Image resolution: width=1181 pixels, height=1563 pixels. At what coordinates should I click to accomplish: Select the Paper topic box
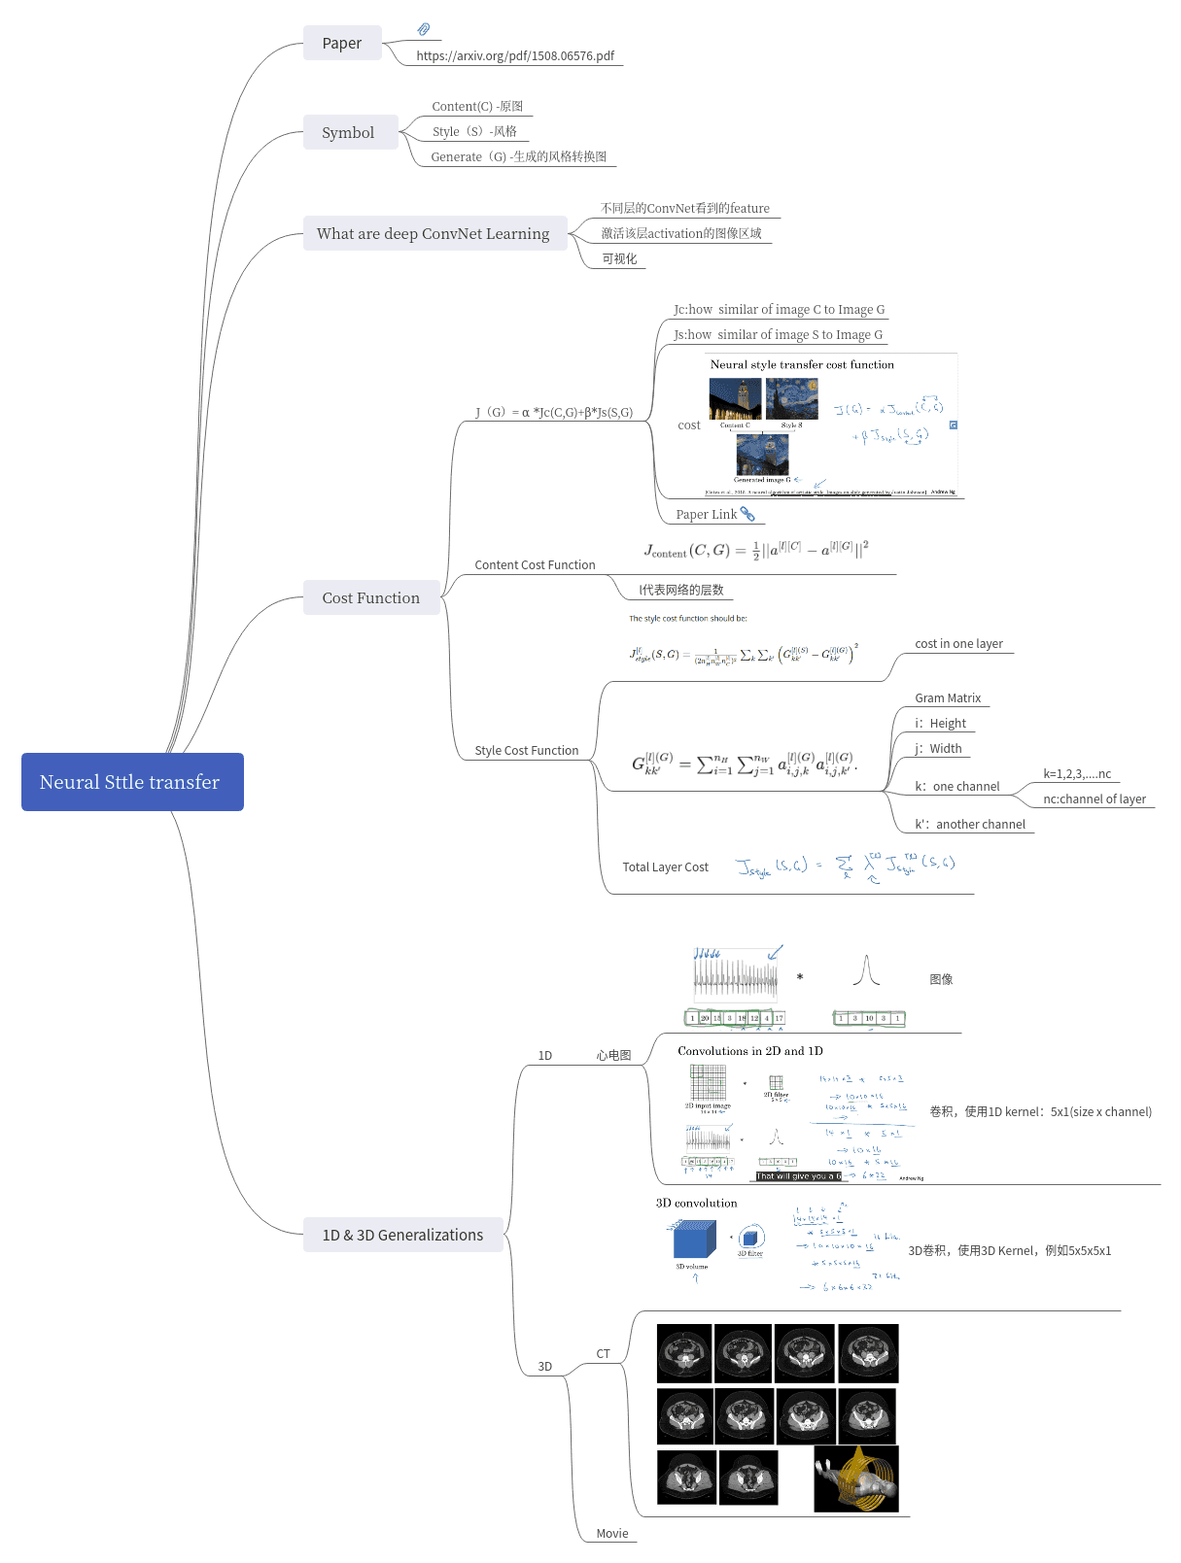click(342, 44)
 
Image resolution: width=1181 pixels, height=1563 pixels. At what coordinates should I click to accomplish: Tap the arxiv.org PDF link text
click(515, 56)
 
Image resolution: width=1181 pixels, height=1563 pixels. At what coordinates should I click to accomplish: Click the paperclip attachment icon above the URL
click(424, 29)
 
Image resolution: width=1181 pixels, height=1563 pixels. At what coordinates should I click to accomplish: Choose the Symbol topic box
click(349, 133)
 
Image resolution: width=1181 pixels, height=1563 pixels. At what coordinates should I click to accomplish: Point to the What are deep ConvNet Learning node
click(434, 234)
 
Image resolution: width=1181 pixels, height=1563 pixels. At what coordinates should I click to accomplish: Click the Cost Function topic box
click(371, 598)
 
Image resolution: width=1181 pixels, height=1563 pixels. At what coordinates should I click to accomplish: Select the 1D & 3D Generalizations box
click(402, 1236)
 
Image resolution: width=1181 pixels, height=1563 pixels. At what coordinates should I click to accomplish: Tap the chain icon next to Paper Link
click(747, 514)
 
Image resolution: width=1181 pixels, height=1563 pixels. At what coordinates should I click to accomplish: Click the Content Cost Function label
click(535, 565)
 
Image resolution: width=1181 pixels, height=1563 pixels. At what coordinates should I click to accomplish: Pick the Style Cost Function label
click(526, 751)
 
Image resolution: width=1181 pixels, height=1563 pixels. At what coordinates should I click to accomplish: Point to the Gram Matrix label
click(948, 698)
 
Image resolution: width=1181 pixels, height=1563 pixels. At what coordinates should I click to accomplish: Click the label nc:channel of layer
click(1094, 799)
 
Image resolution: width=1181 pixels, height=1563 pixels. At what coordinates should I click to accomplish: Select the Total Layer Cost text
click(665, 867)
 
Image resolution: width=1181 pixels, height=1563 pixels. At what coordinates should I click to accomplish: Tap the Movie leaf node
click(612, 1534)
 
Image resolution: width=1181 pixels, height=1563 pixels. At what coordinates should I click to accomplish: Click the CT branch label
click(603, 1354)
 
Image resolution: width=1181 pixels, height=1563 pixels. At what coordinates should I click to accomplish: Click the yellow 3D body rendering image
click(856, 1478)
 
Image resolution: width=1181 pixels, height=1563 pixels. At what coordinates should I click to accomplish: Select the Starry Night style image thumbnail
click(791, 398)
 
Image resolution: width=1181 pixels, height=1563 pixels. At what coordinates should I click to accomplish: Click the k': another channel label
click(969, 825)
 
